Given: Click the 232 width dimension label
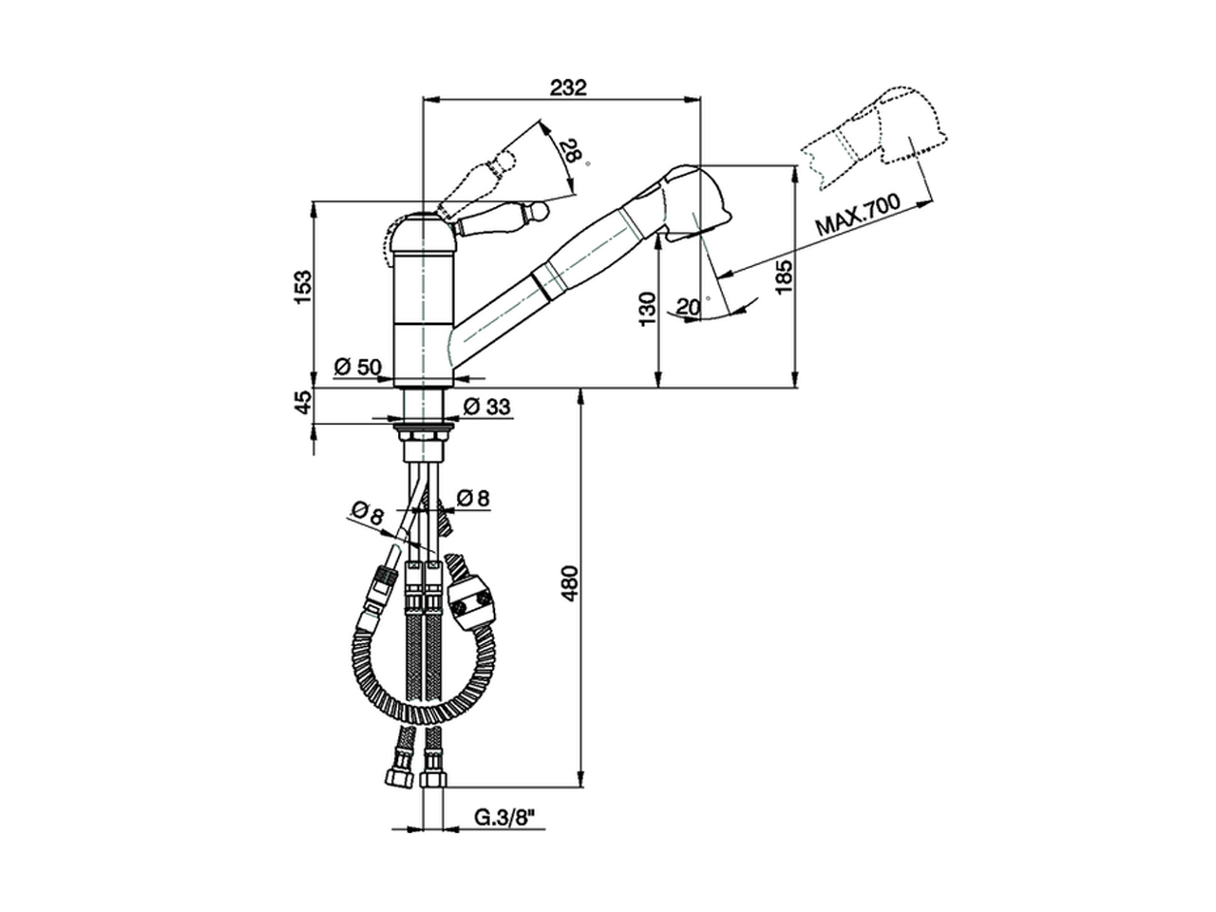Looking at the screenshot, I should [x=569, y=87].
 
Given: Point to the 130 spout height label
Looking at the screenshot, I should [x=646, y=309].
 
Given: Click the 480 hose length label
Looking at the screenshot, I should [x=569, y=585].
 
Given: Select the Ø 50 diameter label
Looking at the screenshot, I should [x=357, y=366].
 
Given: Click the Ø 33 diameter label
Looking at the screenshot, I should [x=486, y=407].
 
